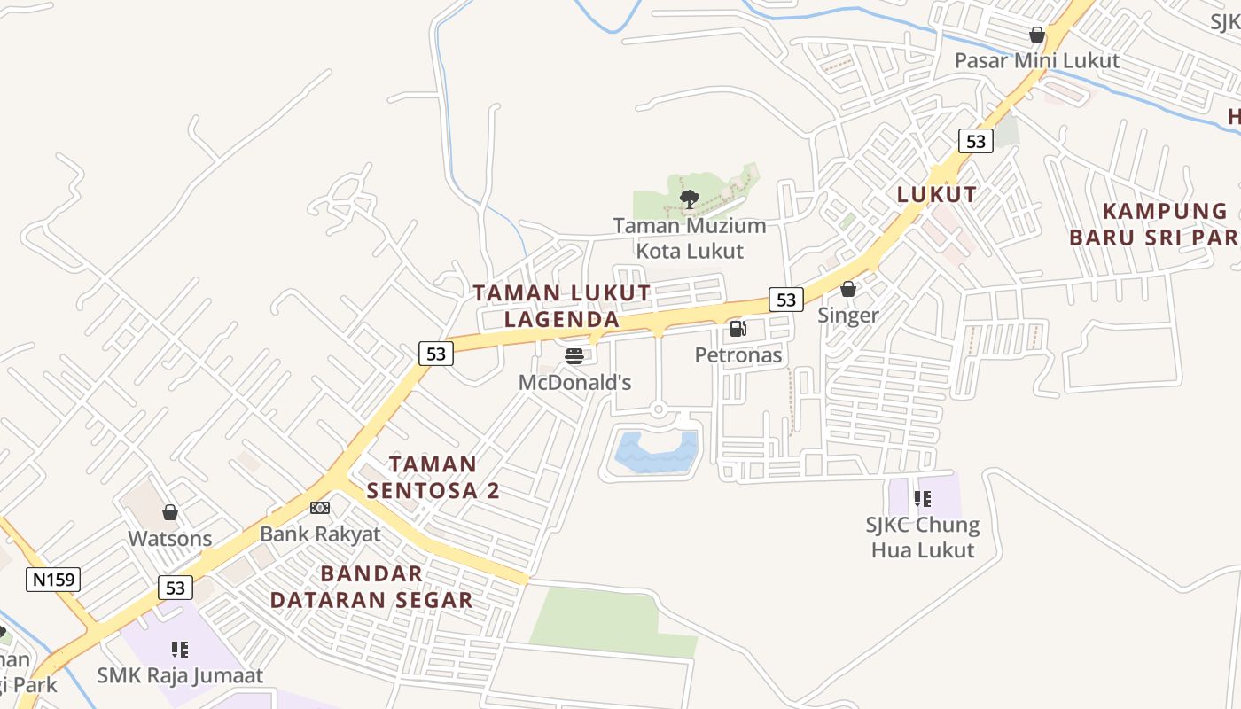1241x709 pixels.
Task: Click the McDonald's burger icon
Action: point(574,356)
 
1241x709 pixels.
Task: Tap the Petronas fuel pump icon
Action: point(738,329)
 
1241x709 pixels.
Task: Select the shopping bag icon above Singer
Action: point(848,289)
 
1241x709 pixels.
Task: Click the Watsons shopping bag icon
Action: point(170,512)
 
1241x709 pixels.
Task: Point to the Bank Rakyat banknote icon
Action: point(320,508)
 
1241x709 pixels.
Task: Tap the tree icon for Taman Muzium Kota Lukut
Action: point(689,199)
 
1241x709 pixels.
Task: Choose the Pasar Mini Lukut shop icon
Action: point(1036,35)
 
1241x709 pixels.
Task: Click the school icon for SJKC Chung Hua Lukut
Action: point(923,499)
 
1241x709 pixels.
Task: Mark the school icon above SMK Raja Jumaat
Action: point(180,650)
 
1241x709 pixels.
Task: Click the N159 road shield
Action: point(53,580)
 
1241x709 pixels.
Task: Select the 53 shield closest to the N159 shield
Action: point(176,587)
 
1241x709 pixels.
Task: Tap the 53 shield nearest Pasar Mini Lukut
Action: point(975,141)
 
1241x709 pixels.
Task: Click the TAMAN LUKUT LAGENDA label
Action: point(561,305)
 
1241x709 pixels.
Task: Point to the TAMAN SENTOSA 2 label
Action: point(433,477)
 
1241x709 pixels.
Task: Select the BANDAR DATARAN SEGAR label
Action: point(371,587)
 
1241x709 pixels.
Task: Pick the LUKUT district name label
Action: point(937,194)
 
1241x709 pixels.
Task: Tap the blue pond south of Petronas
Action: point(656,452)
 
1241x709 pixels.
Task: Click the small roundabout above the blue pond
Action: point(658,409)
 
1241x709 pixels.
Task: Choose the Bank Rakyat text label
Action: point(320,534)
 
